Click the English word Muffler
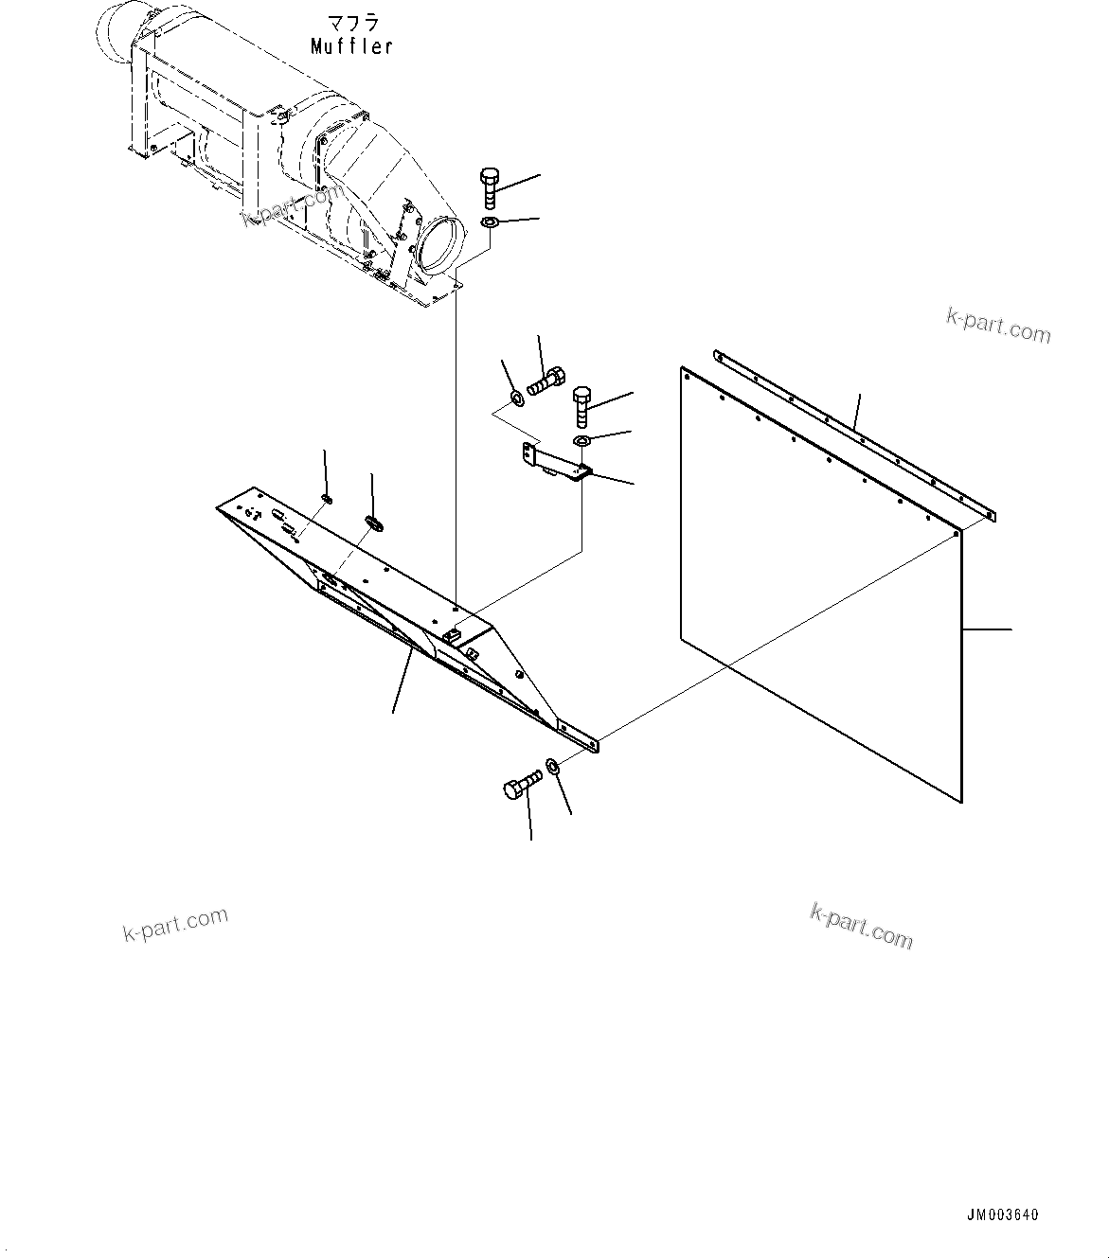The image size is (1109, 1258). (x=351, y=45)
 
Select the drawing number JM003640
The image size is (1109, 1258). (x=1002, y=1215)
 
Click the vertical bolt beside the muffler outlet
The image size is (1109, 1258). (x=490, y=187)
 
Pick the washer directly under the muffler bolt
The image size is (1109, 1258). (x=490, y=222)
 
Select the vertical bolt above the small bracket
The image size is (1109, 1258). (x=581, y=406)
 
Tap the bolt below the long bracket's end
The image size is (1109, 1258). (x=520, y=786)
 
